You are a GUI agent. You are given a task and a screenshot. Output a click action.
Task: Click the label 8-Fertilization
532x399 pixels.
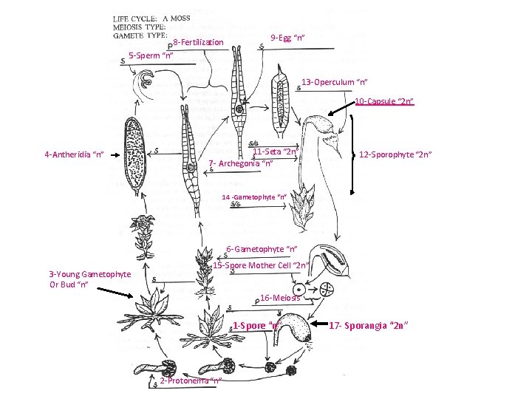click(x=197, y=43)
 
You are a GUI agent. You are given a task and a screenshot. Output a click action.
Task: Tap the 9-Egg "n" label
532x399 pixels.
click(x=288, y=38)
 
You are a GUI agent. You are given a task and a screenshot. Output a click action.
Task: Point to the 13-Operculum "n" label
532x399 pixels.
click(x=335, y=82)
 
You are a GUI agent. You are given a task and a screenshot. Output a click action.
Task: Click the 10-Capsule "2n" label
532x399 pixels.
click(x=383, y=101)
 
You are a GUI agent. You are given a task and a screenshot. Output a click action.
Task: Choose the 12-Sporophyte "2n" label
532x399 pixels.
click(x=395, y=154)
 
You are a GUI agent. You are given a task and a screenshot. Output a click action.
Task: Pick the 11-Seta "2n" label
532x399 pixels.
click(x=274, y=152)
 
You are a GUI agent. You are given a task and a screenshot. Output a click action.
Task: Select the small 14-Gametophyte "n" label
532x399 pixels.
click(x=254, y=197)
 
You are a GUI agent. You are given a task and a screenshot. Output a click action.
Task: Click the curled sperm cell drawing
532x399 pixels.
click(x=146, y=81)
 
